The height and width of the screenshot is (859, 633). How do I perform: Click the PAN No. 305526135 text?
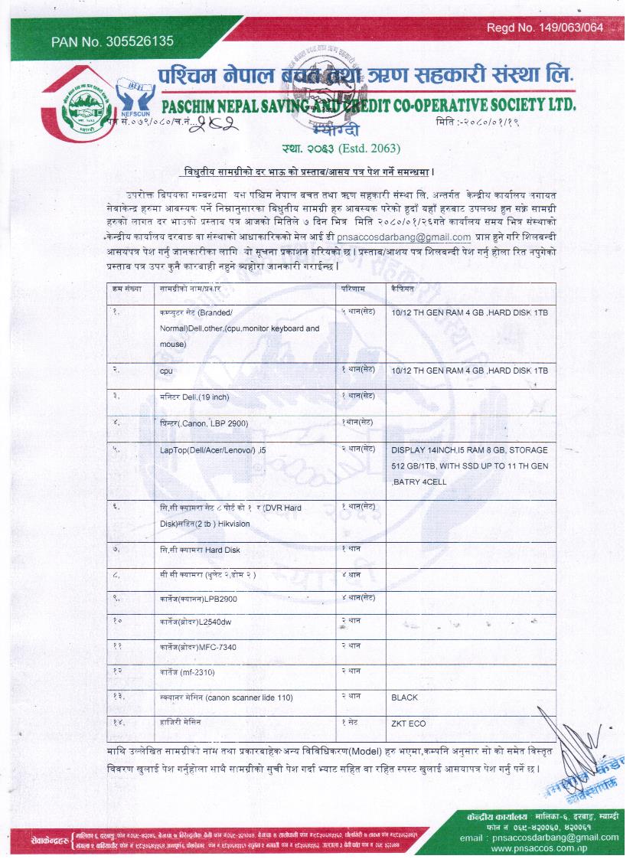[113, 41]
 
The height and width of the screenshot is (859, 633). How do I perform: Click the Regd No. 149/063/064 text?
[545, 28]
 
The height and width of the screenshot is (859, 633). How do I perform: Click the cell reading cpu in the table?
[166, 371]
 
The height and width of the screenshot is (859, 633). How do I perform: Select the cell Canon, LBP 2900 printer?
[204, 423]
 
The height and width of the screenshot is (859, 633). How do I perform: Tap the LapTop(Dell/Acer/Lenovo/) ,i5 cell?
[212, 450]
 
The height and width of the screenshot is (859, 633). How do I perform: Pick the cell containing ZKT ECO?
[408, 723]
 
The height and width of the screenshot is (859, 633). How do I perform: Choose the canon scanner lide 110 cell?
[227, 699]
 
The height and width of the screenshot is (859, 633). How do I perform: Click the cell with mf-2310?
[188, 673]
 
